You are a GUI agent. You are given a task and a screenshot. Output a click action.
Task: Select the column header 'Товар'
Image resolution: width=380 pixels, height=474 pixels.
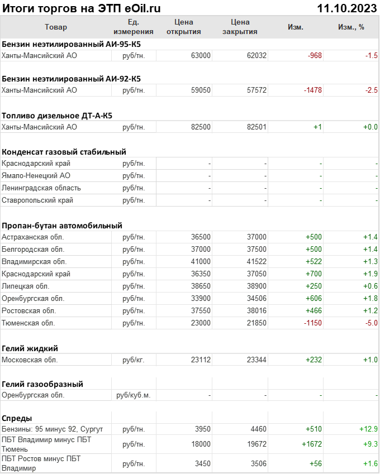click(x=56, y=27)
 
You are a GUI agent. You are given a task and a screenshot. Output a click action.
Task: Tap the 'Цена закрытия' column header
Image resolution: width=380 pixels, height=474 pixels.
click(x=240, y=27)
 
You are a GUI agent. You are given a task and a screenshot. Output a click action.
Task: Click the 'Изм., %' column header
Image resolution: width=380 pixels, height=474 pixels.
click(x=351, y=27)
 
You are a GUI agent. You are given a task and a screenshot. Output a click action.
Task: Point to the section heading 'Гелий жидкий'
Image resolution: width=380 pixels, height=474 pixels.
click(x=30, y=348)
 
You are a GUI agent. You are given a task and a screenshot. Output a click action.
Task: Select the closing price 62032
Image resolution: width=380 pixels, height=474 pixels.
click(x=256, y=55)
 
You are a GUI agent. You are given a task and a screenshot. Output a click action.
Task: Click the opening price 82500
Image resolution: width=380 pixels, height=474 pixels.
click(x=201, y=127)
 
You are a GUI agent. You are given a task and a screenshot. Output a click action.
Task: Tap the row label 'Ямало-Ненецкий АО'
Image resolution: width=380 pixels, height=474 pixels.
click(x=36, y=175)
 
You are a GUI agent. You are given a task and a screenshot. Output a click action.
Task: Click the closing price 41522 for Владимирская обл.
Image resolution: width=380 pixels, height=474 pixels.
click(x=256, y=262)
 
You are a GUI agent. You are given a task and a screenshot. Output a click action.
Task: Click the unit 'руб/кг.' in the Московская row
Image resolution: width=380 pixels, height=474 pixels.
click(x=134, y=360)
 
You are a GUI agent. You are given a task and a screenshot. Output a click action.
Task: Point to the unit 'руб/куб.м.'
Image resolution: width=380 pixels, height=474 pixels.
click(x=133, y=395)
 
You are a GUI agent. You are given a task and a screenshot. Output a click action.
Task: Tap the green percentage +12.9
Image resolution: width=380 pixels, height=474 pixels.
click(x=369, y=429)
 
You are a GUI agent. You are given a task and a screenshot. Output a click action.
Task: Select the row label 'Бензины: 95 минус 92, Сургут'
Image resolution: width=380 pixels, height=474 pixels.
click(x=53, y=429)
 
